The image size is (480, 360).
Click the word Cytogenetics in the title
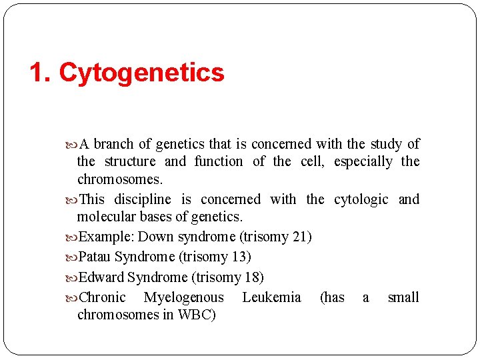141,73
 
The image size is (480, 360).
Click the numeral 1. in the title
41,73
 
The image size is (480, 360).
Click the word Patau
95,257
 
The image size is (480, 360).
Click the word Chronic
102,297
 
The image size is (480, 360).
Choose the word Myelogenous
184,297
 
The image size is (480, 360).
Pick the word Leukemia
271,297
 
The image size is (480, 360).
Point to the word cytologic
361,199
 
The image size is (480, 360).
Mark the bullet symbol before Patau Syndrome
73,257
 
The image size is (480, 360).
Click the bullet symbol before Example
73,237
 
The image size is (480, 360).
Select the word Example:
107,237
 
